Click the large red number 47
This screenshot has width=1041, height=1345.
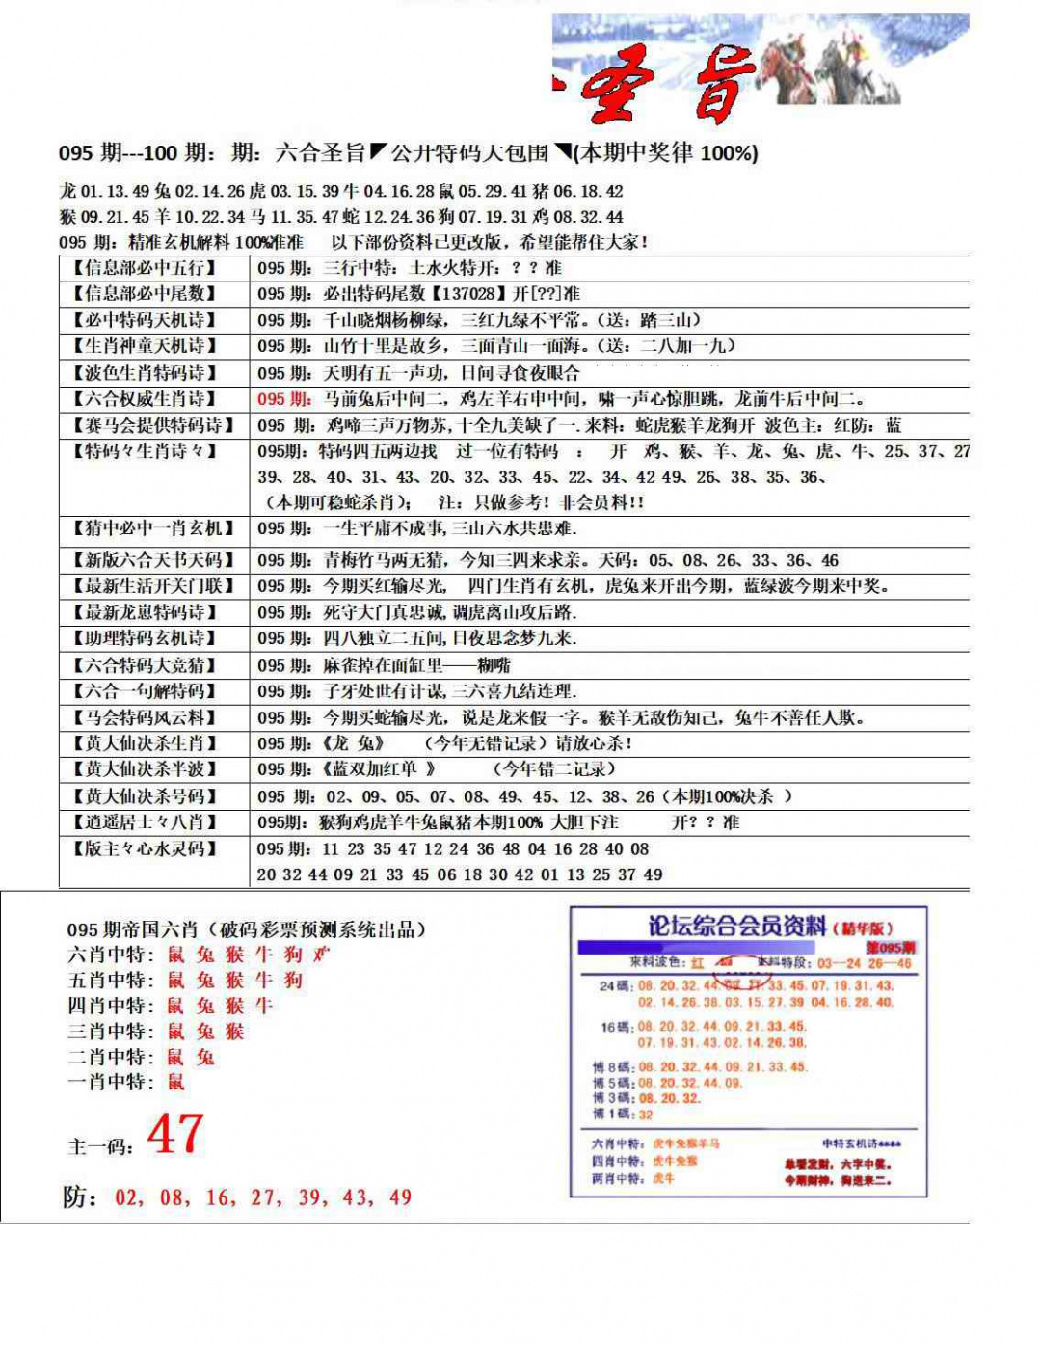(x=175, y=1134)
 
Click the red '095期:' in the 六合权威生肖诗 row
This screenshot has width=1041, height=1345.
(x=284, y=399)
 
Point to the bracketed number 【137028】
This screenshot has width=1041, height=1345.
(x=468, y=294)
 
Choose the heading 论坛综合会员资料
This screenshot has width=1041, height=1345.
(x=736, y=927)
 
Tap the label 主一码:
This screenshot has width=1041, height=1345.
(x=100, y=1146)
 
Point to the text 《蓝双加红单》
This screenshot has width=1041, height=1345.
(x=378, y=769)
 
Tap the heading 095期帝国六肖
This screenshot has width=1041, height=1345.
(x=132, y=929)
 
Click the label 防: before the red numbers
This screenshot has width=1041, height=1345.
(x=80, y=1197)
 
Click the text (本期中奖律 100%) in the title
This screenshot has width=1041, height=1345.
(x=665, y=153)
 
